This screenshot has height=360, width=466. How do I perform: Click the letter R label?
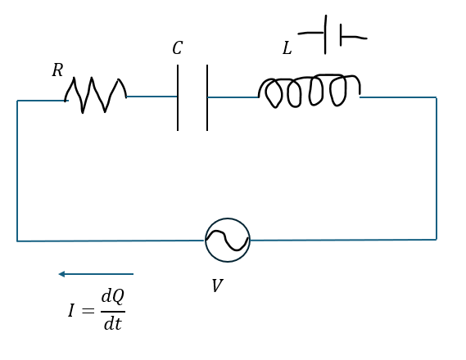[x=57, y=70]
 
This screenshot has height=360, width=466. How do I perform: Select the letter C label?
[x=178, y=47]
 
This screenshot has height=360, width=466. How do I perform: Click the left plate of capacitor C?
[x=178, y=97]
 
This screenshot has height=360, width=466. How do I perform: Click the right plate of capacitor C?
[x=207, y=97]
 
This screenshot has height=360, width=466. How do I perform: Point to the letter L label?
[x=287, y=48]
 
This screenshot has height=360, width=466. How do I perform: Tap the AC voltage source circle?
[x=228, y=218]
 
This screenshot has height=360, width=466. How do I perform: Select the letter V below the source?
[x=217, y=286]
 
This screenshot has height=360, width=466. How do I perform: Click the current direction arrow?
[x=96, y=274]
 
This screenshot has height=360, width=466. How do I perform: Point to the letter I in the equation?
[x=70, y=310]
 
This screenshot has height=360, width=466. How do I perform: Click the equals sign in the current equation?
[x=88, y=311]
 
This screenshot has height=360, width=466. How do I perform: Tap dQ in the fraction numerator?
[x=113, y=296]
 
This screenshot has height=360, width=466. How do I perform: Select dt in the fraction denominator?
[x=113, y=323]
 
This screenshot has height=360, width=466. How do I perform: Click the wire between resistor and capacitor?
[x=152, y=97]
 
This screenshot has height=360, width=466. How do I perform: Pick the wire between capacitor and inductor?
[x=233, y=97]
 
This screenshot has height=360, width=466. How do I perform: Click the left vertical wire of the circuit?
[x=17, y=171]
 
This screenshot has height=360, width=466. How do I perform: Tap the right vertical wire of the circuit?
[x=437, y=169]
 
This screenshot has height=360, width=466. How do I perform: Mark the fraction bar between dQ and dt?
[x=113, y=312]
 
